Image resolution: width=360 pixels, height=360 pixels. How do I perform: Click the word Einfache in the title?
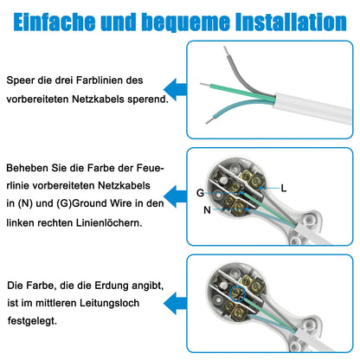click(x=55, y=22)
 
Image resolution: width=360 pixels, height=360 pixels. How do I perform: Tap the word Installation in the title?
click(x=291, y=22)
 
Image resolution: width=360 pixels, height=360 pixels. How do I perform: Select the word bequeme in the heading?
click(x=187, y=22)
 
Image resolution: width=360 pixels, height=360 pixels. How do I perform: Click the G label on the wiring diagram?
click(x=200, y=193)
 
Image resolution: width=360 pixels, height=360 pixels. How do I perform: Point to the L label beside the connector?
click(x=284, y=189)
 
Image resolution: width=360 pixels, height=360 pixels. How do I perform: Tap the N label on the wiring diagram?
click(x=207, y=210)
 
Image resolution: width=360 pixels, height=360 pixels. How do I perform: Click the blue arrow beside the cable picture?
click(x=175, y=89)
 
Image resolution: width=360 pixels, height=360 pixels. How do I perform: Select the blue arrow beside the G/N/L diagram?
click(x=175, y=196)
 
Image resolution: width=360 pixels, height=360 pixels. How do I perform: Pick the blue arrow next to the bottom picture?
click(x=175, y=303)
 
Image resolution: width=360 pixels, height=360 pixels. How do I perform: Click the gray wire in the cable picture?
click(x=239, y=77)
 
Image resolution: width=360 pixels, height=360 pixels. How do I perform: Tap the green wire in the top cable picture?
click(x=242, y=93)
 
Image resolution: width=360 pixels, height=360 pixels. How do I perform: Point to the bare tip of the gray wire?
click(x=227, y=51)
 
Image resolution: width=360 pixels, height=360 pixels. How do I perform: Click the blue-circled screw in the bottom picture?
click(x=237, y=294)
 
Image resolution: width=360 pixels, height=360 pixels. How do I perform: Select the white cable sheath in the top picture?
click(x=313, y=109)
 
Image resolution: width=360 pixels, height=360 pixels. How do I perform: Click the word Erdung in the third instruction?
click(x=112, y=286)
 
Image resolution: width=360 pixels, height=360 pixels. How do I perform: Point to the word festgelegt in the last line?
click(x=32, y=321)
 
